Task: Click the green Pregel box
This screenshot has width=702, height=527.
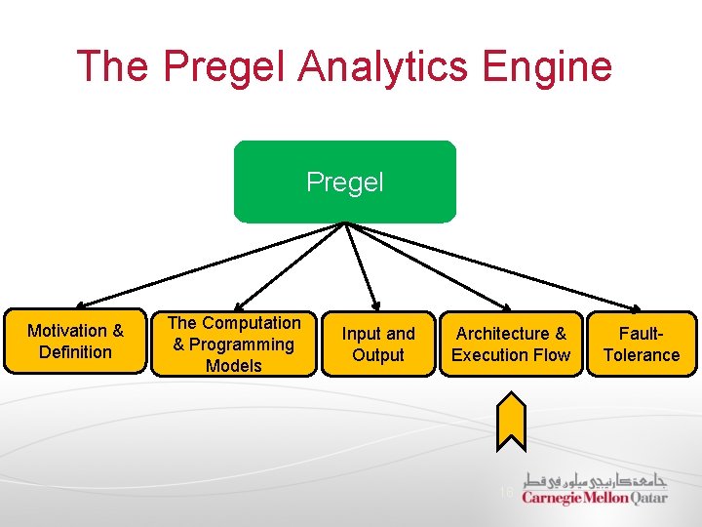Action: pos(344,182)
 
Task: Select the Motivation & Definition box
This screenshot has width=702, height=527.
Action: pos(75,342)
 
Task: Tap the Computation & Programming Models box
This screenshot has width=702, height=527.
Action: pos(234,344)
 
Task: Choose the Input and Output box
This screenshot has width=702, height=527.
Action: pos(378,344)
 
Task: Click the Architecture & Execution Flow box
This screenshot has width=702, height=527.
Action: pos(510,344)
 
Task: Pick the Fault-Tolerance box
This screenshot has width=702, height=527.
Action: pos(641,344)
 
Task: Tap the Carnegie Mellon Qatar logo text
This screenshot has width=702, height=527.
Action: pos(594,497)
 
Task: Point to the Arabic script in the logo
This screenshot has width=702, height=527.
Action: pos(596,479)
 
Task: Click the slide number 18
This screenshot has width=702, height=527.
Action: pos(505,493)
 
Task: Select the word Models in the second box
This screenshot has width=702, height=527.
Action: pos(234,366)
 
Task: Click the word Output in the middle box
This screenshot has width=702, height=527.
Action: pos(378,355)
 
